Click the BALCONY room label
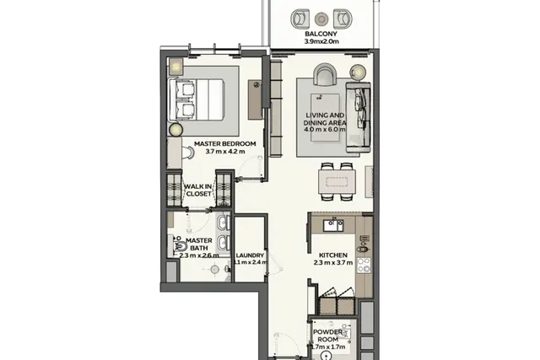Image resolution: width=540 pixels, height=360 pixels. [x=321, y=34]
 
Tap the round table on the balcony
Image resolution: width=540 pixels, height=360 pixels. [x=321, y=19]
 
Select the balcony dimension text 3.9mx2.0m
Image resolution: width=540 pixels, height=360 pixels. [x=321, y=41]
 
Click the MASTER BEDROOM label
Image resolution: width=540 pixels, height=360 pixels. [x=225, y=143]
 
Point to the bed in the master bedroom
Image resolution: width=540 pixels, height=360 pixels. [x=197, y=99]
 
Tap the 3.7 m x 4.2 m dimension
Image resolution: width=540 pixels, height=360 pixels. [x=225, y=151]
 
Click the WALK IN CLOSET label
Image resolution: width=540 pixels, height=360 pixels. [x=198, y=190]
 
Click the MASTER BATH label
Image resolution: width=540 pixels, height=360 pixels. [x=199, y=244]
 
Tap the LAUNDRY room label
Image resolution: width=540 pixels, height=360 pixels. [x=250, y=255]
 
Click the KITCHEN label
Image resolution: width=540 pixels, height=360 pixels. [x=333, y=255]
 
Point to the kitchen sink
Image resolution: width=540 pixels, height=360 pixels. [x=333, y=225]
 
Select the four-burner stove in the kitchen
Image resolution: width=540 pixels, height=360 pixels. [x=364, y=266]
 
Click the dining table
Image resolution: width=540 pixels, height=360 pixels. [x=337, y=182]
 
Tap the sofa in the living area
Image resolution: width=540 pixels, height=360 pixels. [x=358, y=117]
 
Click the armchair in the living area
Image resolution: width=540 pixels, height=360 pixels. [x=324, y=75]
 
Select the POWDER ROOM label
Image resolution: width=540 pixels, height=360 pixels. [x=328, y=336]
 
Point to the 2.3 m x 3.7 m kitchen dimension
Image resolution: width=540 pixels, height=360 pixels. [x=333, y=262]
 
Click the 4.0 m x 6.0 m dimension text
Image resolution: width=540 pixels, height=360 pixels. [x=325, y=130]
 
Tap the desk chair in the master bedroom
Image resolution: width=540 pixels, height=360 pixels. [x=188, y=153]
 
